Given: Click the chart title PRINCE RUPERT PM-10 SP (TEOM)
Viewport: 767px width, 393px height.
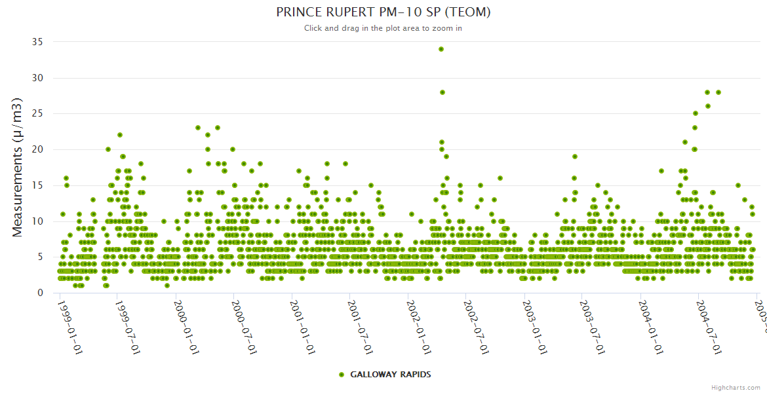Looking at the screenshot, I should point(383,12).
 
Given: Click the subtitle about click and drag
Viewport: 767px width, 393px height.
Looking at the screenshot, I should point(383,28).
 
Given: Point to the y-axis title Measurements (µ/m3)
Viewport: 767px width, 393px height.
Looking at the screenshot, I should point(18,167).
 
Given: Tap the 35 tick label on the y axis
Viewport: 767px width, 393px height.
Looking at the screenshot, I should point(37,42).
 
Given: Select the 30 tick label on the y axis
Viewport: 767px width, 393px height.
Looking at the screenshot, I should point(37,78).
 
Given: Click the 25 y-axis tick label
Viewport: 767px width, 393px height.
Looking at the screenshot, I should point(37,114).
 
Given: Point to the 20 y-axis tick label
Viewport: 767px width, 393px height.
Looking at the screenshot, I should point(37,149).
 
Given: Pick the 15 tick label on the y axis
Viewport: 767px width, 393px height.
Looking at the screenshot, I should point(37,185).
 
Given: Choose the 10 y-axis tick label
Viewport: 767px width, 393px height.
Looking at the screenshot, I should point(37,221).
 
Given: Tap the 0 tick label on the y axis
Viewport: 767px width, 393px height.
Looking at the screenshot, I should point(40,293).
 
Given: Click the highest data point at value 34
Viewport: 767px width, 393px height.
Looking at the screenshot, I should point(441,49).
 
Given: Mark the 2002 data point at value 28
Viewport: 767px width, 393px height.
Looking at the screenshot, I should point(442,92).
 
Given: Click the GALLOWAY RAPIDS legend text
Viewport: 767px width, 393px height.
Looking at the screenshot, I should point(391,375).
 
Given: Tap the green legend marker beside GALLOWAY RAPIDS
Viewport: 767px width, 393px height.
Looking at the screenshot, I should point(341,375).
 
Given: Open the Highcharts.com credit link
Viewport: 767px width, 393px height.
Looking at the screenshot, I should point(736,388).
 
